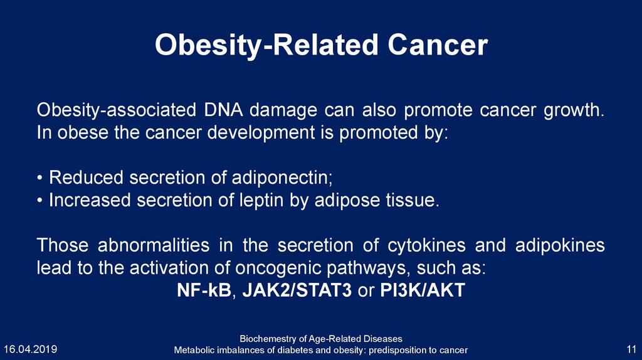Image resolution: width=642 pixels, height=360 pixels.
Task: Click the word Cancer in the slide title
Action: click(438, 45)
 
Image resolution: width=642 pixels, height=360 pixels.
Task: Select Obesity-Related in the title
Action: click(266, 46)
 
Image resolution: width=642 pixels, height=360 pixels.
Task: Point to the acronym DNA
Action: click(223, 110)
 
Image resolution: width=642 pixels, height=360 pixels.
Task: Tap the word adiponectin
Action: click(282, 177)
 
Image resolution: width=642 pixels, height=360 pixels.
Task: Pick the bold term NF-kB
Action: click(204, 290)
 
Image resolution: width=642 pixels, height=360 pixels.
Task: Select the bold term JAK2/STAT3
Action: click(297, 290)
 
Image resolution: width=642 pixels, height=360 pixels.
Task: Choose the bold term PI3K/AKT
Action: click(423, 290)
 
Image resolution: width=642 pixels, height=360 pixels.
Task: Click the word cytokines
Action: click(426, 245)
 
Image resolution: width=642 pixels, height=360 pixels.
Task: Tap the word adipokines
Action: click(560, 245)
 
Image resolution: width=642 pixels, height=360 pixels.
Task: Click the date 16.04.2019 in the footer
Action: click(30, 349)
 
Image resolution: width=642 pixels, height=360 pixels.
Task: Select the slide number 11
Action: click(631, 349)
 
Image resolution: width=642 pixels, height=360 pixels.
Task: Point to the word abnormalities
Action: click(154, 245)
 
